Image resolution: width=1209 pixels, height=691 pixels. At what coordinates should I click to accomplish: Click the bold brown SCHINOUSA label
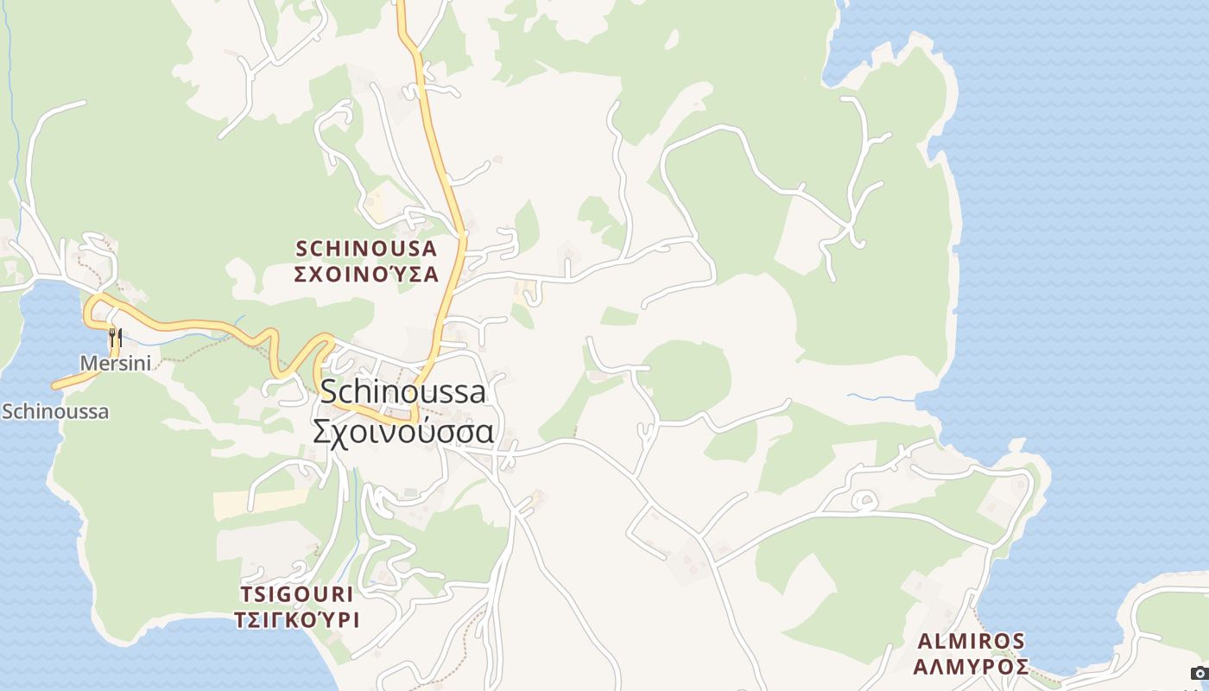pyautogui.click(x=366, y=249)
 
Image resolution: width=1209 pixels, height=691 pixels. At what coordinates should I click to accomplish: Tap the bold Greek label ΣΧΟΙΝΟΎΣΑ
pyautogui.click(x=366, y=275)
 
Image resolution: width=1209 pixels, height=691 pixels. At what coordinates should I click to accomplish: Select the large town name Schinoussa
pyautogui.click(x=402, y=392)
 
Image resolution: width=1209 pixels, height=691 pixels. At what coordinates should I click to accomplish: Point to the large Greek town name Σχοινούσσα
pyautogui.click(x=402, y=431)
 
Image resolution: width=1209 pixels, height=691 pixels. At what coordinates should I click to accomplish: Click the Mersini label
pyautogui.click(x=115, y=364)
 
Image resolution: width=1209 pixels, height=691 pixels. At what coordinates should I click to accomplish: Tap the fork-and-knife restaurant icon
pyautogui.click(x=115, y=337)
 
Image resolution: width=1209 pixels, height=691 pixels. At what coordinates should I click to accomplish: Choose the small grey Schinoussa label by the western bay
pyautogui.click(x=55, y=411)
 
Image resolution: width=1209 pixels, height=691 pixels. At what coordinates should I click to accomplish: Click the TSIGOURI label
pyautogui.click(x=296, y=594)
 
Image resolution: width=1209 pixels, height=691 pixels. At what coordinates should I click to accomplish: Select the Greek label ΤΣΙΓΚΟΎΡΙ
pyautogui.click(x=296, y=620)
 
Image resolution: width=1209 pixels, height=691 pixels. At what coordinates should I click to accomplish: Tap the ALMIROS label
pyautogui.click(x=971, y=641)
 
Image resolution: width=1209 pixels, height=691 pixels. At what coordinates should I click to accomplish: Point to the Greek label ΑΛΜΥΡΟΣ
pyautogui.click(x=971, y=667)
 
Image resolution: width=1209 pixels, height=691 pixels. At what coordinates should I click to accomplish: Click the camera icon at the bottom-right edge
pyautogui.click(x=1200, y=674)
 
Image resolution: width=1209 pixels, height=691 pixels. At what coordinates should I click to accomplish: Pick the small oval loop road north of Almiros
pyautogui.click(x=864, y=500)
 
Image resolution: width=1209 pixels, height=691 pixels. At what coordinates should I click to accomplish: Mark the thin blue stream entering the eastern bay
pyautogui.click(x=881, y=398)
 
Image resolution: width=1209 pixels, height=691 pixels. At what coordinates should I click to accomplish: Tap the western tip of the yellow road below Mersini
pyautogui.click(x=55, y=386)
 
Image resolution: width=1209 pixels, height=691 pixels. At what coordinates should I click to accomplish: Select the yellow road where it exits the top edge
pyautogui.click(x=401, y=5)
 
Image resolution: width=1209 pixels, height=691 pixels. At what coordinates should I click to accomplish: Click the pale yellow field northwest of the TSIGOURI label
pyautogui.click(x=259, y=504)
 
